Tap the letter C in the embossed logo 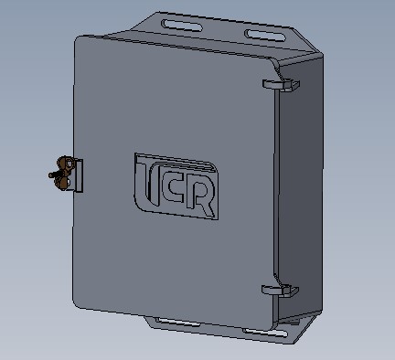168,189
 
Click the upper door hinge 281,85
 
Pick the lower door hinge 281,291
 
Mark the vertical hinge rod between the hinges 277,187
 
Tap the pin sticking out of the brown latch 53,175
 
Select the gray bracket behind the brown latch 78,176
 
